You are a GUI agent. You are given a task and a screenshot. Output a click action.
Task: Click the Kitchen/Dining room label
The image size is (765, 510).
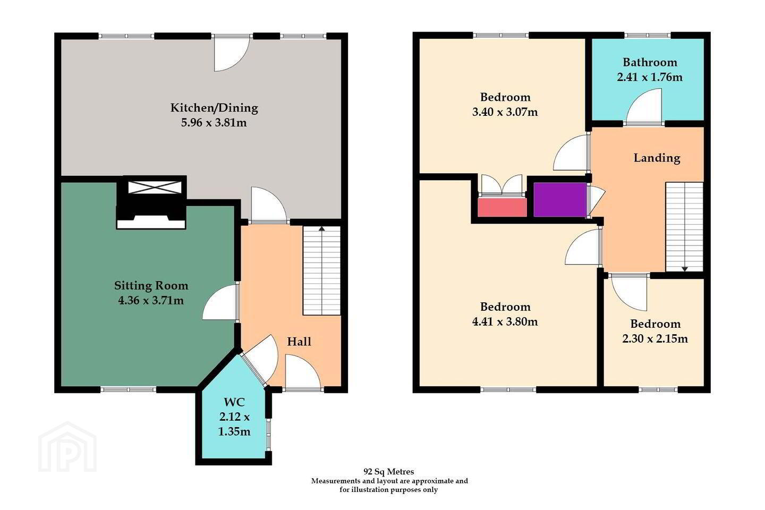pos(214,108)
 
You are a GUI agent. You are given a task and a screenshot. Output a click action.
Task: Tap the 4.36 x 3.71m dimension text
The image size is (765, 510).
pos(151,301)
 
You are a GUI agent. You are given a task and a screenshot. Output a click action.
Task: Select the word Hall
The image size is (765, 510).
pos(299,342)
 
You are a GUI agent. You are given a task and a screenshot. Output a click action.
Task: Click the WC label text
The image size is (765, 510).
pos(234,402)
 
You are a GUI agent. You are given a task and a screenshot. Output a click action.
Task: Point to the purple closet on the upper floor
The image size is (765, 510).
pos(560,200)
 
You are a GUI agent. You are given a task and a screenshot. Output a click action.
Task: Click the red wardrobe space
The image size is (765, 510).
pos(502,207)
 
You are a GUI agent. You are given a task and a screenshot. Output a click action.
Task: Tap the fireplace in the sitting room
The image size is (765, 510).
pos(151,215)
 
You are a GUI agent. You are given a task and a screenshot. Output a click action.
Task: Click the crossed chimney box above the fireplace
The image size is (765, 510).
pos(155,188)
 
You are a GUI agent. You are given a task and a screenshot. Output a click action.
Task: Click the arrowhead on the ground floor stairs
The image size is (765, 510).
pos(322,228)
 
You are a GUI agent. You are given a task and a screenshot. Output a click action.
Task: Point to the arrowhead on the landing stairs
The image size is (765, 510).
pos(685,269)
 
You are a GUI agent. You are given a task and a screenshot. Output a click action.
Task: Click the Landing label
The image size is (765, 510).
pos(657,158)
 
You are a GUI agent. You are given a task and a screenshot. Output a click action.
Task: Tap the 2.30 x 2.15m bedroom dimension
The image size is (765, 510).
pos(655,338)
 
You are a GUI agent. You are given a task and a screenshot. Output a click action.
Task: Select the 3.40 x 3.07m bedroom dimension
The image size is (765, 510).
pos(505,112)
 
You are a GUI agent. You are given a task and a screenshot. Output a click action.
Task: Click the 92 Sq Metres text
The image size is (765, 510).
pos(389,472)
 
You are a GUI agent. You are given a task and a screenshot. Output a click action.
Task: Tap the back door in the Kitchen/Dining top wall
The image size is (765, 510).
pos(232,53)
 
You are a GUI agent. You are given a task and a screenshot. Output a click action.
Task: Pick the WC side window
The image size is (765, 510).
pos(268,435)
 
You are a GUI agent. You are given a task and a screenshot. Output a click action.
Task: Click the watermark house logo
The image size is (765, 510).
pos(67,447)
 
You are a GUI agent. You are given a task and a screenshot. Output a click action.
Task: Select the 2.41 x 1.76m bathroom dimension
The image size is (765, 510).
pos(650,77)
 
